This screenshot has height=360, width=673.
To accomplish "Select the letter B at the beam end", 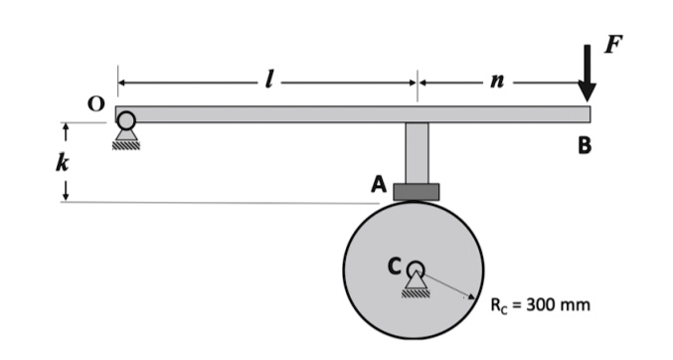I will coord(585,145).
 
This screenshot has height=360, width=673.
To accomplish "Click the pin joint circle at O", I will coord(126,120).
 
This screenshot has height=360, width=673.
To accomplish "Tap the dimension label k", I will coord(62,163).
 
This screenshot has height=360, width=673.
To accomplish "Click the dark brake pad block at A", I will coord(416,191).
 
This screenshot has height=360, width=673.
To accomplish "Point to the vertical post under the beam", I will coord(417,152).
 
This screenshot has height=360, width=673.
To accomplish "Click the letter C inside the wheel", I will coord(395,266).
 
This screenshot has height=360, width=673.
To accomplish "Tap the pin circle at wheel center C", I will coord(416,269).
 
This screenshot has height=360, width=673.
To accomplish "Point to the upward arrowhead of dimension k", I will coord(65,128).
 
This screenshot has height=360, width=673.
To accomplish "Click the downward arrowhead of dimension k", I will coord(65,197).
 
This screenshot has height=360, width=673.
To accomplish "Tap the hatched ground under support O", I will coord(126,144).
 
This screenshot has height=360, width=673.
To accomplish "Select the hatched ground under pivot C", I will coord(416,291).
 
